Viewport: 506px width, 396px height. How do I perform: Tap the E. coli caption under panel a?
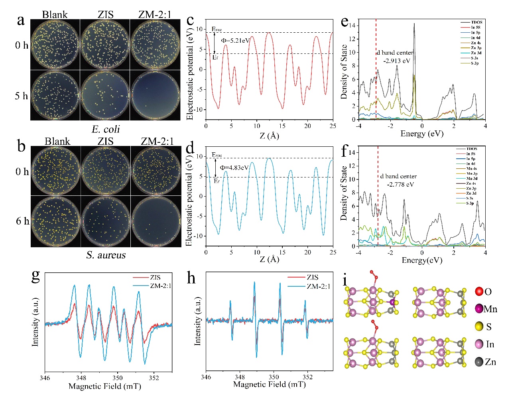click(x=106, y=129)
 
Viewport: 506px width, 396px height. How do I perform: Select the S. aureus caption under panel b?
click(x=106, y=255)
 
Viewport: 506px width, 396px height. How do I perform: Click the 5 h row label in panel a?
click(x=22, y=96)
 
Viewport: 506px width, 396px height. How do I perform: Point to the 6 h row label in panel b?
click(x=22, y=221)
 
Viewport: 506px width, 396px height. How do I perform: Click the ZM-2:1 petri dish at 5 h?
click(x=155, y=95)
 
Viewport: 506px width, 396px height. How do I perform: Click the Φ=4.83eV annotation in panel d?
click(x=234, y=167)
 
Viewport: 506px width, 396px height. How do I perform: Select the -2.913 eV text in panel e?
click(x=397, y=61)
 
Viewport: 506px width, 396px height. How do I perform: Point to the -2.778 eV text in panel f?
click(x=400, y=184)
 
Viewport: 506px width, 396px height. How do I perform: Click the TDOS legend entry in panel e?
click(x=476, y=22)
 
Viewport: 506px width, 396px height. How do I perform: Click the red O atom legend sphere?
click(x=479, y=292)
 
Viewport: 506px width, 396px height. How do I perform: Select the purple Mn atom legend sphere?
click(x=479, y=309)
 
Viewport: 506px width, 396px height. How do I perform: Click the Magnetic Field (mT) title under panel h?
click(x=269, y=384)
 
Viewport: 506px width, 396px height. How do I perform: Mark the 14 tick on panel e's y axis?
click(x=352, y=26)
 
